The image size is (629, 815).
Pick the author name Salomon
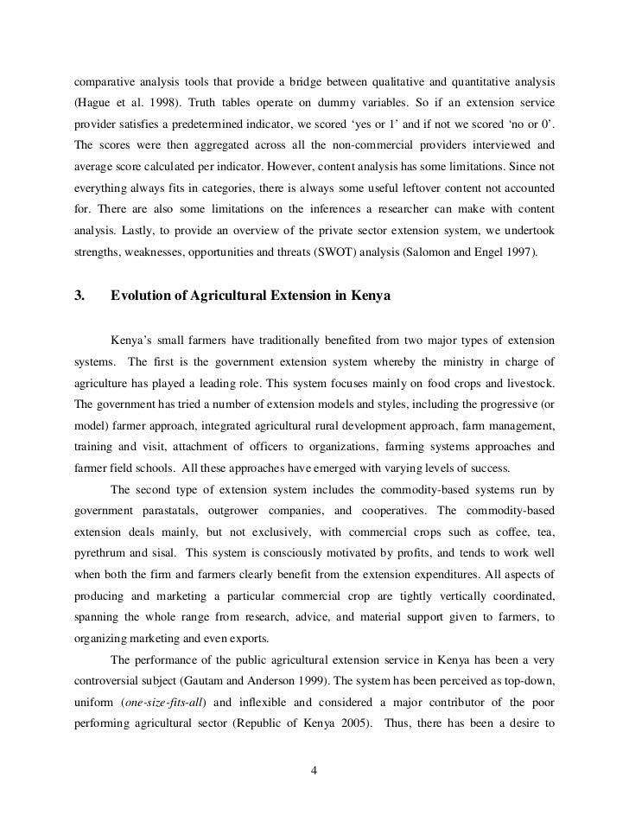click(454, 251)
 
